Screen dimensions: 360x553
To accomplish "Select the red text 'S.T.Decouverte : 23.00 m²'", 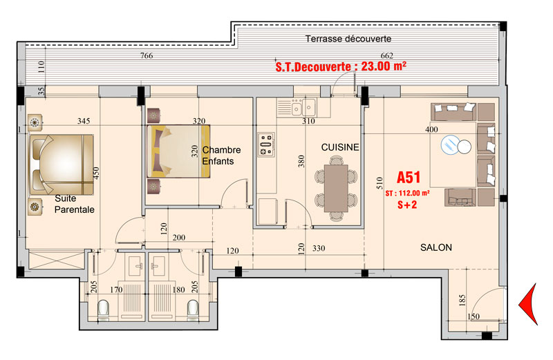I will click(340, 67).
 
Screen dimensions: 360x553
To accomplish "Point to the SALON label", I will click(435, 247).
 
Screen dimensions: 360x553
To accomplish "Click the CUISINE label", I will click(339, 147).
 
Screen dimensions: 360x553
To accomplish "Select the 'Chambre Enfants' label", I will click(221, 155).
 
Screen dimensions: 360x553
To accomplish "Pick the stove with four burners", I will click(266, 144).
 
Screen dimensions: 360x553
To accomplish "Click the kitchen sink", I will click(302, 108).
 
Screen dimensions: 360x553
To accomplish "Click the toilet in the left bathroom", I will click(104, 310).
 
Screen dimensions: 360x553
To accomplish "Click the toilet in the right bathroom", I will click(194, 310).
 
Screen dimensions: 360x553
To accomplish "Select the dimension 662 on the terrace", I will click(386, 56).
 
